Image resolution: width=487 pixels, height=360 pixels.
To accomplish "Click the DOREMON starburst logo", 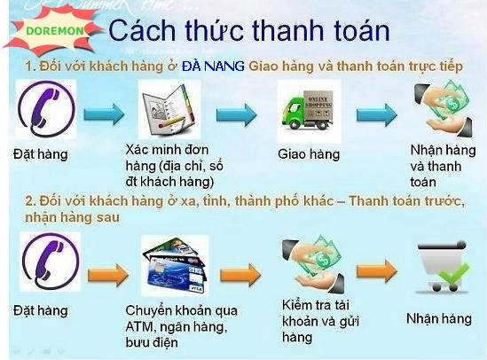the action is tap(53, 30).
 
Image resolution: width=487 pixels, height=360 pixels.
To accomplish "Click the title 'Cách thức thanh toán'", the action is tap(249, 30).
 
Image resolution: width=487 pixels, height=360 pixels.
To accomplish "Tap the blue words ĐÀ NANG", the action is tap(213, 67).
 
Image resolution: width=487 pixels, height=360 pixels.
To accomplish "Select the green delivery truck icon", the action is tap(309, 111).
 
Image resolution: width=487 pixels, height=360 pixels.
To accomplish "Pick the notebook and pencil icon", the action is tap(169, 109).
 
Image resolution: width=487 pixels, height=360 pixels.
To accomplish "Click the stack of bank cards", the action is tap(174, 266).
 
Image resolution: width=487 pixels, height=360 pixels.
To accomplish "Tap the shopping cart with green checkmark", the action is tap(443, 267).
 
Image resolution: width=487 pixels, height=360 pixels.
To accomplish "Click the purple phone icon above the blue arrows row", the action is tap(46, 109).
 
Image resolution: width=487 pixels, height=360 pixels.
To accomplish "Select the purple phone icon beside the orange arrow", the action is tap(51, 262).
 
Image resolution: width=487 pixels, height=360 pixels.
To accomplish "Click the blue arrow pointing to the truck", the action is tap(237, 114).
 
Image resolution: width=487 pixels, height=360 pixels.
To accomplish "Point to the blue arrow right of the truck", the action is tap(377, 115).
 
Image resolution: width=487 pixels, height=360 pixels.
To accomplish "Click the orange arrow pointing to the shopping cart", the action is tap(377, 270).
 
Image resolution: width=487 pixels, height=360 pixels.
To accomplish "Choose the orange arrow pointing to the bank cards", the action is tap(108, 275).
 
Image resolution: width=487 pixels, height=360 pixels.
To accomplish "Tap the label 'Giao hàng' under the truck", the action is tap(309, 154).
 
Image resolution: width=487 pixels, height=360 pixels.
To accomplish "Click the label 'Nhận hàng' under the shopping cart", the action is tap(439, 318).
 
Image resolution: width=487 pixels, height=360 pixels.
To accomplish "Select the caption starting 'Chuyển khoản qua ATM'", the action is tap(181, 326).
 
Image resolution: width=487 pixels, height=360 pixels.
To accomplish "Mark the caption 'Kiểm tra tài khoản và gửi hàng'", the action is tap(320, 321).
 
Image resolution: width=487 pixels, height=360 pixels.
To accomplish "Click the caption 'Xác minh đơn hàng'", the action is tap(174, 166).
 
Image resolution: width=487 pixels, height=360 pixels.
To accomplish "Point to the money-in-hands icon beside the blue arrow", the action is tap(444, 108).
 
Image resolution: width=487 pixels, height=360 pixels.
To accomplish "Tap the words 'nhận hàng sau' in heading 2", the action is tap(73, 217).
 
